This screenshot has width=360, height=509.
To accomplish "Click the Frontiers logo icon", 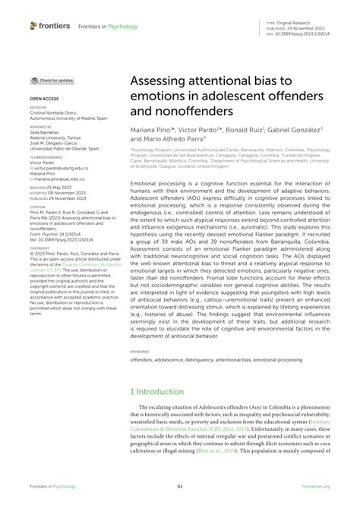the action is pyautogui.click(x=34, y=26).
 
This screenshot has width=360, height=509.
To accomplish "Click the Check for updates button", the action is pyautogui.click(x=52, y=81).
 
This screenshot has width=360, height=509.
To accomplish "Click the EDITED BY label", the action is pyautogui.click(x=39, y=108).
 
